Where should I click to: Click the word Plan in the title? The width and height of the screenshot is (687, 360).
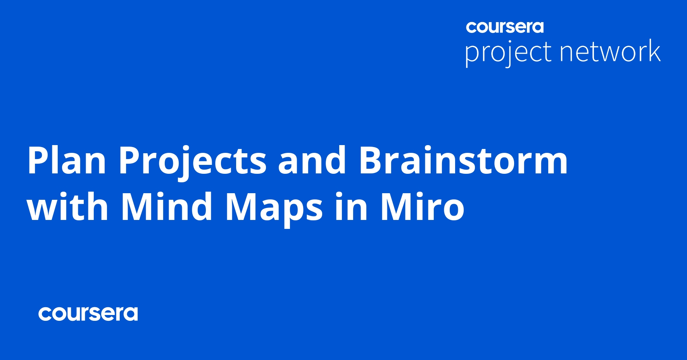click(x=67, y=160)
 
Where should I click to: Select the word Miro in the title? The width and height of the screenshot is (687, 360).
click(x=423, y=206)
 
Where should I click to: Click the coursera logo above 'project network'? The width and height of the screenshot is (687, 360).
click(x=505, y=27)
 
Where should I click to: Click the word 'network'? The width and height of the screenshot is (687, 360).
click(x=610, y=50)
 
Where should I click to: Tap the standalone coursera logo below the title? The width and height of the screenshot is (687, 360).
click(x=88, y=313)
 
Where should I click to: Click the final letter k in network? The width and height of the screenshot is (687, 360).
click(x=653, y=50)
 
